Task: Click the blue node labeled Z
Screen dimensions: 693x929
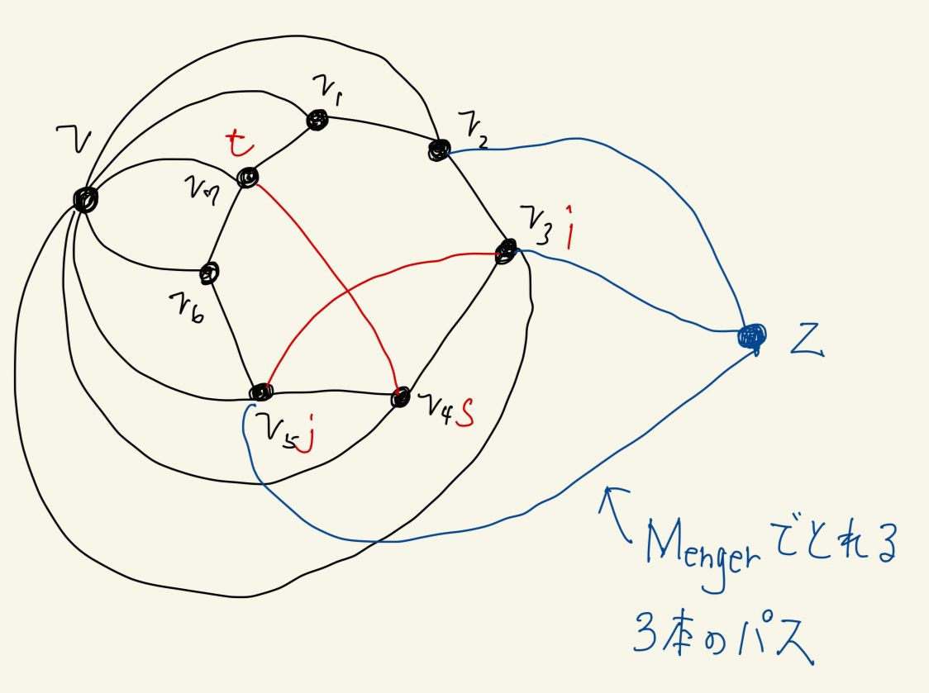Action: (751, 335)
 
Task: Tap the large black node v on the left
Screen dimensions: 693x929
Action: (85, 198)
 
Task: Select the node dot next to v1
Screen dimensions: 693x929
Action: (317, 121)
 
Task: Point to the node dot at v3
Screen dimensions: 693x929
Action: (505, 251)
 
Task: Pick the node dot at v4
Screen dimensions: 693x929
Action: (400, 396)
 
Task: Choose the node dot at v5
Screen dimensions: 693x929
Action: (260, 392)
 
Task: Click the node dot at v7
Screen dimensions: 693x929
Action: (246, 178)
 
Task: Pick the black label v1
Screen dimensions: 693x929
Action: (324, 88)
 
